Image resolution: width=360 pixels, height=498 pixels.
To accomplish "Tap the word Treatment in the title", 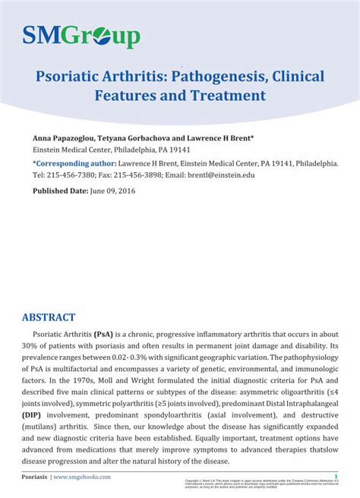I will click(227, 96).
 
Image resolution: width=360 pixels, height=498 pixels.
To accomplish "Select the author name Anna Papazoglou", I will click(64, 140).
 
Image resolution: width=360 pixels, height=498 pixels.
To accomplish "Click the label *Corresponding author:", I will click(73, 163).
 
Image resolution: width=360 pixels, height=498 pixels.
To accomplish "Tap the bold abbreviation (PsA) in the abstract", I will click(104, 334).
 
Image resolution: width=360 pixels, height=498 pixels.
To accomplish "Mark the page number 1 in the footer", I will click(336, 477).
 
